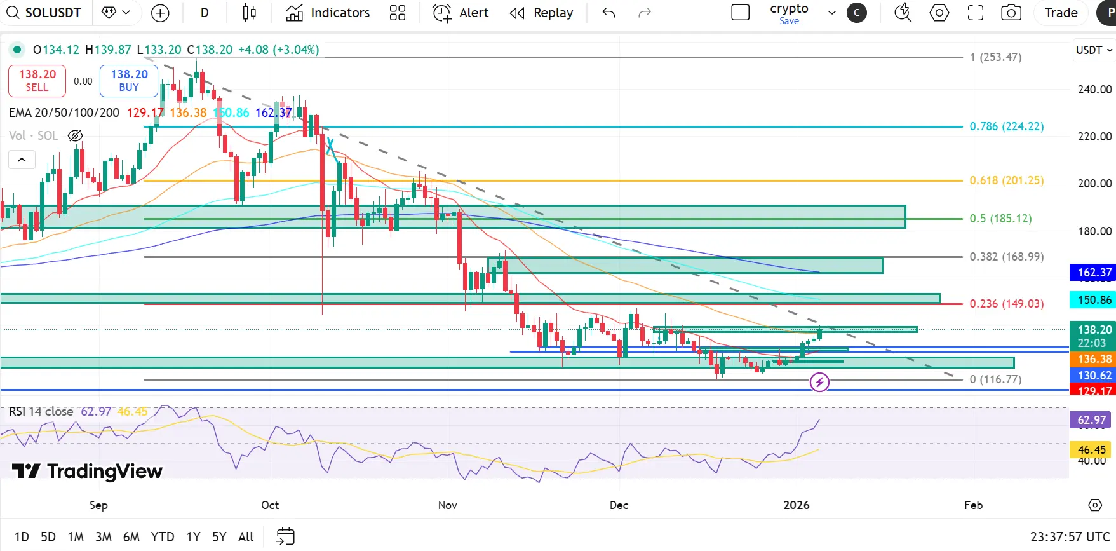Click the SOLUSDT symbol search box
coord(44,13)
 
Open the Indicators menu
coord(328,13)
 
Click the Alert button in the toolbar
coord(461,13)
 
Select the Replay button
coord(542,13)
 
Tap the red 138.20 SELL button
coord(37,81)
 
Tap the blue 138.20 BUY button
coord(129,81)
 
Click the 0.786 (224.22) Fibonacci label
coord(1006,126)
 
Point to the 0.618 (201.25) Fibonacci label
coord(1006,180)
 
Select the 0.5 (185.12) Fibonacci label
coord(1000,219)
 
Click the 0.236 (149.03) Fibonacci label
coord(1006,304)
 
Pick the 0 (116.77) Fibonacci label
coord(995,379)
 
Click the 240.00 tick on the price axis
coord(1094,90)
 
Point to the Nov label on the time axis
coord(448,505)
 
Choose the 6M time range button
coord(131,537)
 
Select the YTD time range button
coord(163,537)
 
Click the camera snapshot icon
coord(1011,13)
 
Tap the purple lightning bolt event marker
coord(819,382)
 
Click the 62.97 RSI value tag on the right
coord(1091,420)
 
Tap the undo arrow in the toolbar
coord(608,13)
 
